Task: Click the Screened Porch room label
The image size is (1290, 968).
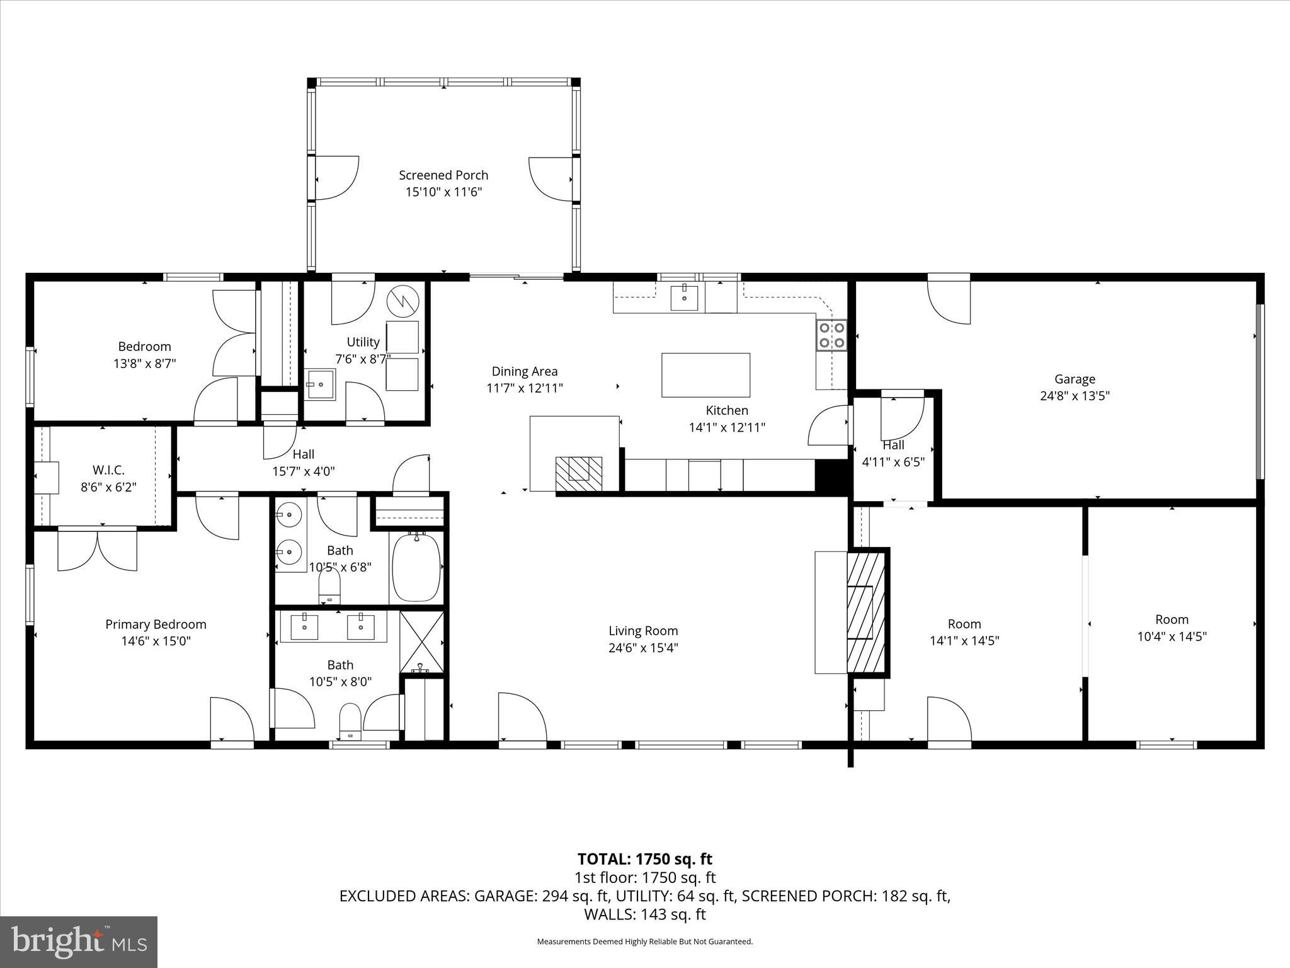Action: (443, 175)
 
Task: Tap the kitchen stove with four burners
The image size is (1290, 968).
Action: (832, 335)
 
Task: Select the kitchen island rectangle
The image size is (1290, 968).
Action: (705, 375)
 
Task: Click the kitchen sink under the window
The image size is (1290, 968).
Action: (684, 297)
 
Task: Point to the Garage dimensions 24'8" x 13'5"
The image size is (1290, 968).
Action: (1075, 396)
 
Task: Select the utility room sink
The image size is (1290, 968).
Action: (321, 384)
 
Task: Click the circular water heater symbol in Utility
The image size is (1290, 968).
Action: (402, 301)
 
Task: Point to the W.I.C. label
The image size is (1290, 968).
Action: (108, 470)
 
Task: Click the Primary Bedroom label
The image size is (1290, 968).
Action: (156, 625)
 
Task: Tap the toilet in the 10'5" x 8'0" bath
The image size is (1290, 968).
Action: (350, 721)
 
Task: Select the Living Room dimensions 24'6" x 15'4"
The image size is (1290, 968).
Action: (643, 648)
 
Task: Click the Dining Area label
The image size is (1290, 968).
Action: (525, 372)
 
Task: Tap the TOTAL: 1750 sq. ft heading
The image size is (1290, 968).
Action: (644, 859)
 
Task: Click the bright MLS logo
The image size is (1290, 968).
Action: (79, 942)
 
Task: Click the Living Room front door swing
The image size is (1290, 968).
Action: (522, 718)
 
